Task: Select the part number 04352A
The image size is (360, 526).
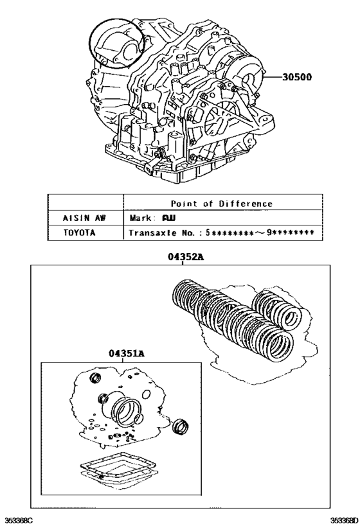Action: click(186, 257)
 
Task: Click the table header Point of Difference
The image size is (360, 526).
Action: click(222, 204)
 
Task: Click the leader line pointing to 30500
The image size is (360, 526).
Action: click(271, 78)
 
